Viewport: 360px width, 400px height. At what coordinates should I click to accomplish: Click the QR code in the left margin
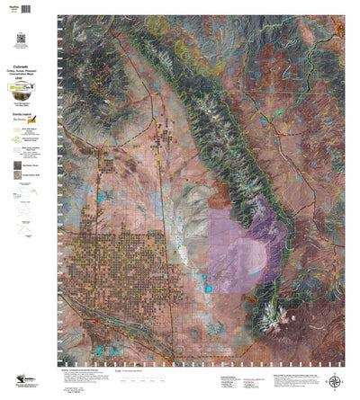(21, 37)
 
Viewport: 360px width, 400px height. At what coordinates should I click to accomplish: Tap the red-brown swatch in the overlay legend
(18, 165)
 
